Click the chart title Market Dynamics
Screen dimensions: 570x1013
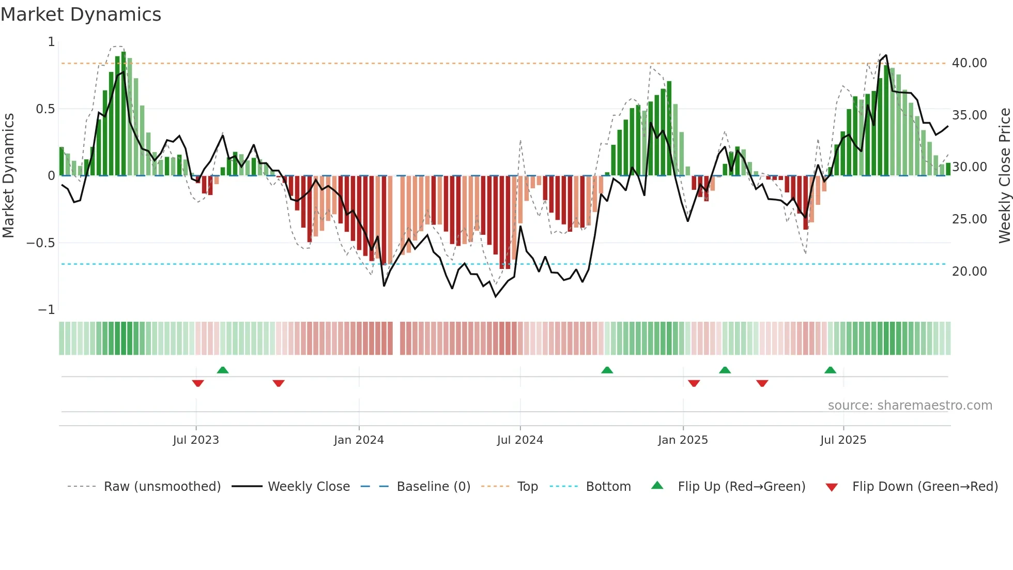(81, 14)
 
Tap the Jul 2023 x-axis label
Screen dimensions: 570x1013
(196, 440)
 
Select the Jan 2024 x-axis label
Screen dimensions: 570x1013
(359, 440)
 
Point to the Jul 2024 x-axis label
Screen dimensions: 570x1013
(520, 440)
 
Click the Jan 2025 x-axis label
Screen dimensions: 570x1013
(683, 440)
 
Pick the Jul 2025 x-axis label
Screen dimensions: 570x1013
(843, 440)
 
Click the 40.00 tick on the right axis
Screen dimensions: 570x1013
(969, 63)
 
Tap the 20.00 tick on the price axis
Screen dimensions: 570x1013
(969, 272)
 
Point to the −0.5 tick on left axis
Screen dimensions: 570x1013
(40, 243)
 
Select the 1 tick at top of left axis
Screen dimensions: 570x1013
(51, 42)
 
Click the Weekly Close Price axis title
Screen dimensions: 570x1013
(1004, 176)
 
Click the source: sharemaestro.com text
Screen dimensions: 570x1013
(910, 406)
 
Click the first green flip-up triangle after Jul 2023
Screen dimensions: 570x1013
(223, 370)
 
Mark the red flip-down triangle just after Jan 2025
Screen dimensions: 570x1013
(694, 383)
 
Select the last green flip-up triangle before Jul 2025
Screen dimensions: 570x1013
(830, 370)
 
